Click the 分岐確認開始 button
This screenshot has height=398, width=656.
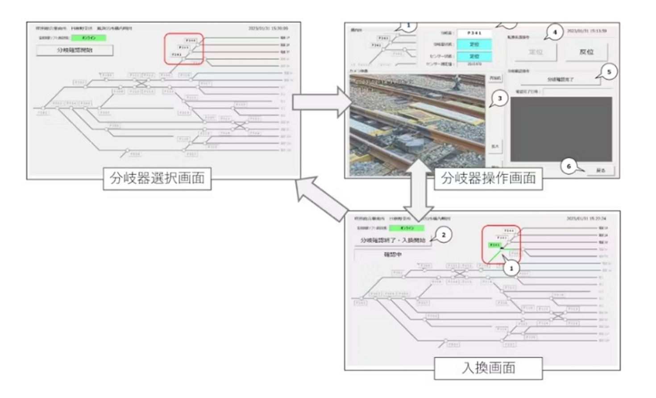point(75,50)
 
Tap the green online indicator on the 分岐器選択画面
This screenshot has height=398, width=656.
point(89,38)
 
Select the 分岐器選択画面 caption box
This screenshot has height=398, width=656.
point(157,178)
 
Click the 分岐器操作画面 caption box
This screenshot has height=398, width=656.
point(488,178)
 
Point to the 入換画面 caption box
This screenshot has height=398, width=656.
point(488,368)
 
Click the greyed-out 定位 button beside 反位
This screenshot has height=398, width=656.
point(536,52)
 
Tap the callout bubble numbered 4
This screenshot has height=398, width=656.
point(555,32)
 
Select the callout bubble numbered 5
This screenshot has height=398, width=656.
point(609,72)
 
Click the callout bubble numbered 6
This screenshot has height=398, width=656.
point(569,167)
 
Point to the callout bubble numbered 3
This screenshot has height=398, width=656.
point(500,99)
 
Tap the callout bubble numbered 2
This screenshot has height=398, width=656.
point(443,235)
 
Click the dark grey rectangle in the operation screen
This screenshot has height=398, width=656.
point(561,129)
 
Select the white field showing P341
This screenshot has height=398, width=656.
point(474,33)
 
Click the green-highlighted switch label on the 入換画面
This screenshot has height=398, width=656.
point(494,245)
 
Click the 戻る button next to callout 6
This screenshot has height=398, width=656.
point(601,170)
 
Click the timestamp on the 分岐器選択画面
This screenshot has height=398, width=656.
point(268,28)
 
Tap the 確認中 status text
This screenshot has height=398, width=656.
point(393,255)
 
